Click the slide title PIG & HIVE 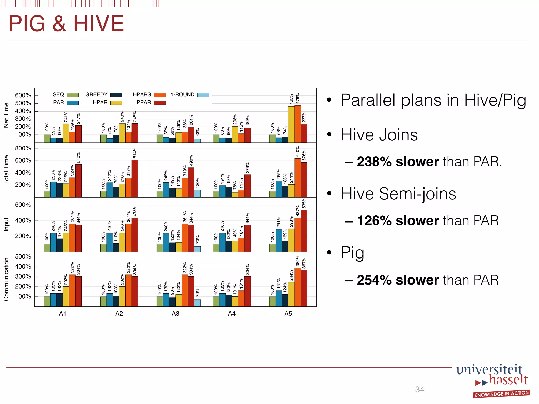tap(66, 24)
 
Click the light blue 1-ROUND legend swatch tap(203, 95)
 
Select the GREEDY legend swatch tap(116, 95)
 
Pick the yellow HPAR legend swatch tap(116, 103)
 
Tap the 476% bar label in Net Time tap(298, 98)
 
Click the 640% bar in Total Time tap(297, 178)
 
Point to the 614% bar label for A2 tap(135, 153)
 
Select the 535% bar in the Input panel tap(304, 231)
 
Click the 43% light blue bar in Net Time tap(197, 141)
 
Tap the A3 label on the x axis tap(175, 314)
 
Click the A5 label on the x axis tap(288, 314)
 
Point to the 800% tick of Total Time tap(23, 148)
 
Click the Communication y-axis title tap(6, 279)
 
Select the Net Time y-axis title tap(6, 115)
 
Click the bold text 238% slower tap(397, 161)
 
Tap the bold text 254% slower tap(397, 280)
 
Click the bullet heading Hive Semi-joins tap(398, 194)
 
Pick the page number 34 tap(420, 390)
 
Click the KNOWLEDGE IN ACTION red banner tap(501, 394)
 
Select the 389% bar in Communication tap(297, 287)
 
